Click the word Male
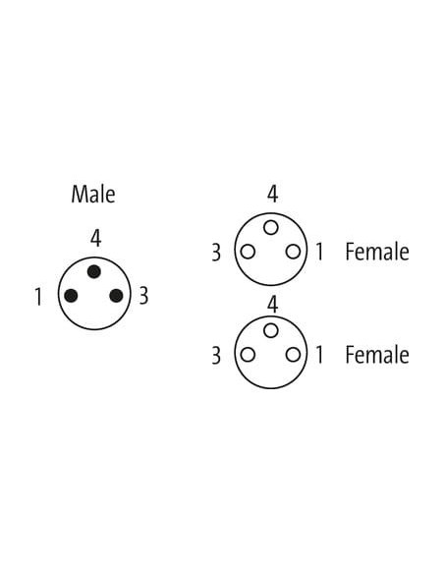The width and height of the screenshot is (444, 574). coord(93,194)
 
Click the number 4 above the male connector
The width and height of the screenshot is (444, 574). coord(95,239)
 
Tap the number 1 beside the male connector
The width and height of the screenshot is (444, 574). coord(38,297)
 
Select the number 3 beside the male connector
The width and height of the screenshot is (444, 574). coord(143,296)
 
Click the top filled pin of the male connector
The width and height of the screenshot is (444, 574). coord(94,271)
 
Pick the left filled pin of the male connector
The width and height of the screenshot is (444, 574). coord(71,296)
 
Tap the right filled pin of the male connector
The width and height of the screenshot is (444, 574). coord(116,296)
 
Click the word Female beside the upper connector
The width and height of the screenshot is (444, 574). coord(377,252)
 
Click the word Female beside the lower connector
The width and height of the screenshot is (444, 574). coord(377,355)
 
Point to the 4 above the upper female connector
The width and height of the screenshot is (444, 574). coord(272,194)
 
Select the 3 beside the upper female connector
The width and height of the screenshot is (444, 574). coord(216,253)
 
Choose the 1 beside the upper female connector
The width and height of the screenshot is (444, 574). coord(319,252)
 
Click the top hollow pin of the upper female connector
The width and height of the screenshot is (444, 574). coord(271,228)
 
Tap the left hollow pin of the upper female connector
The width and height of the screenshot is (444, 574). coord(248,252)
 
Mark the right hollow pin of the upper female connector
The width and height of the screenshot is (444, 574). coord(294,252)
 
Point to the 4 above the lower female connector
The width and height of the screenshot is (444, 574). coord(272,305)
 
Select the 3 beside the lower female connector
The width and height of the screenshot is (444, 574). coord(216,356)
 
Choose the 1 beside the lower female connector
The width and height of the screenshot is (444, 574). coord(319,355)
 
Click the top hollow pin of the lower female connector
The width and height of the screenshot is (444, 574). coord(271,330)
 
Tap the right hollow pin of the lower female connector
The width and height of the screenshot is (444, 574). coord(294,355)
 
